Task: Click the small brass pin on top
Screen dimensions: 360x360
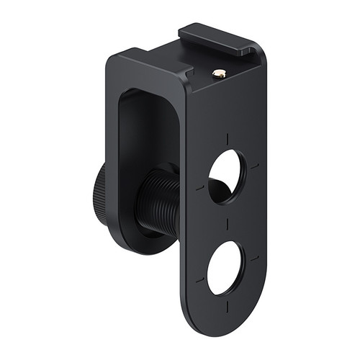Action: click(220, 73)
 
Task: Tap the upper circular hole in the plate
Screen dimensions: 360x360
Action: click(226, 176)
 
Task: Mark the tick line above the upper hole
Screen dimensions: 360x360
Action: click(228, 138)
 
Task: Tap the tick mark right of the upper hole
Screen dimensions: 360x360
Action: click(254, 166)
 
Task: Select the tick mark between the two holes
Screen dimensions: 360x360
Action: click(227, 224)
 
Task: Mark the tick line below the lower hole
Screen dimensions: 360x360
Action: click(226, 306)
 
